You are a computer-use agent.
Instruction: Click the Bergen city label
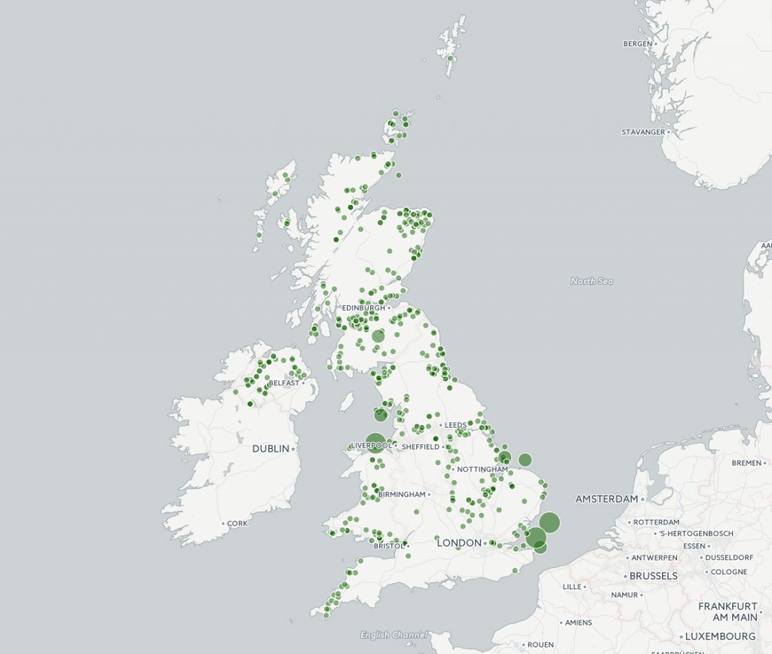click(x=637, y=44)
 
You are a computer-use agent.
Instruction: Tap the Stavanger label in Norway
click(x=643, y=132)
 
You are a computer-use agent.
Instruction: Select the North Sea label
click(x=592, y=281)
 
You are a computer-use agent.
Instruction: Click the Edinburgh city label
click(x=363, y=308)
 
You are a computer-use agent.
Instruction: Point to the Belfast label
click(x=283, y=383)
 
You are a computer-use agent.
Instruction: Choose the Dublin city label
click(x=271, y=448)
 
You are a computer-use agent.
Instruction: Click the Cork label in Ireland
click(x=237, y=523)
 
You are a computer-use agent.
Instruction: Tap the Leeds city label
click(x=455, y=425)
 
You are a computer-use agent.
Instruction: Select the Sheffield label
click(x=420, y=447)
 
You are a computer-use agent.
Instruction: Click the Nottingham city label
click(x=482, y=469)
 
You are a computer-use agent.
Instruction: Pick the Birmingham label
click(x=402, y=494)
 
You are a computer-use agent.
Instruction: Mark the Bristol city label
click(x=388, y=546)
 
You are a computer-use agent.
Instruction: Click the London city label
click(x=459, y=542)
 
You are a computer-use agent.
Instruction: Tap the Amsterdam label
click(x=607, y=499)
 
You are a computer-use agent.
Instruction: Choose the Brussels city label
click(x=653, y=576)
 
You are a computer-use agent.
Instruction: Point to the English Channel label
click(x=394, y=634)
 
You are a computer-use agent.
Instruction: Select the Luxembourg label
click(x=720, y=636)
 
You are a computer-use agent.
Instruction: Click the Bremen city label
click(x=746, y=463)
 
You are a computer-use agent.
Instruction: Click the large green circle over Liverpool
click(x=375, y=443)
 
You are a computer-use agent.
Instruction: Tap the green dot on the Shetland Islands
click(x=451, y=57)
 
